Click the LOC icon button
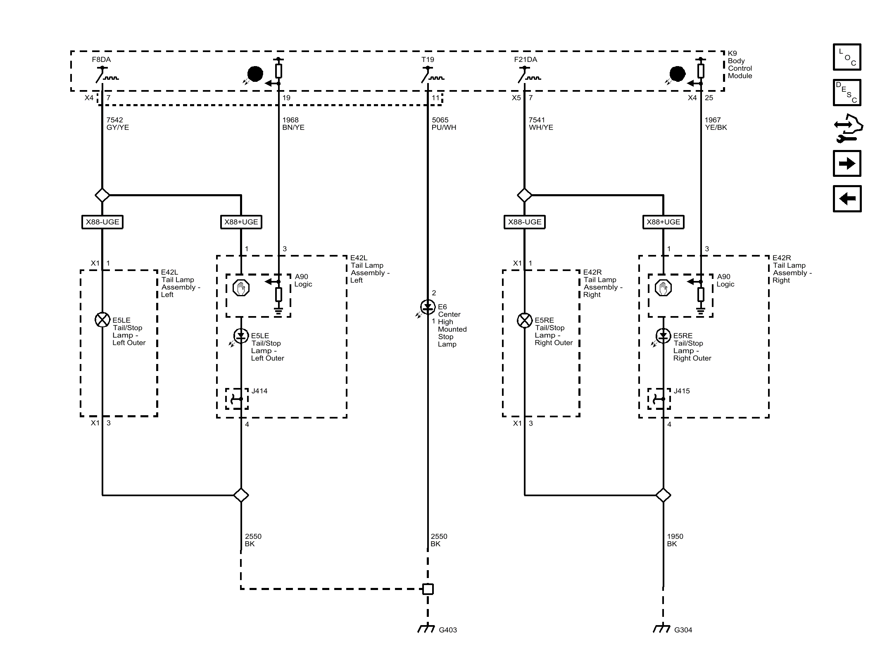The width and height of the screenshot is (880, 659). [x=847, y=57]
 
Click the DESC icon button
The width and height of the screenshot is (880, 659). [x=847, y=92]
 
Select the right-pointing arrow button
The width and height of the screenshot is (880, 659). [x=847, y=164]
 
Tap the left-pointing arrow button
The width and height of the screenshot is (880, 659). [x=847, y=199]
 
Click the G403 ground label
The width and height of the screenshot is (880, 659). [x=447, y=630]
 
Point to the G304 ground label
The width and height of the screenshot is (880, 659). [x=683, y=630]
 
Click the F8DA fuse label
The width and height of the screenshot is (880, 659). [x=101, y=59]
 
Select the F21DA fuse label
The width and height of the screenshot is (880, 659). [x=526, y=59]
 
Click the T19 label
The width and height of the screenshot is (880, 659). [x=428, y=59]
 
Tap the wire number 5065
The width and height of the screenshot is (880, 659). [x=440, y=120]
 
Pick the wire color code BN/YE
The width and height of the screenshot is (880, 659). [x=293, y=127]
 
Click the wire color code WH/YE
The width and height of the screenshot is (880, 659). [x=541, y=127]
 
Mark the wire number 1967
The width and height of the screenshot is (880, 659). [x=713, y=120]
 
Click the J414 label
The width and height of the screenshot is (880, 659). [x=259, y=391]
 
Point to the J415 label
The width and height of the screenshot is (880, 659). [x=682, y=391]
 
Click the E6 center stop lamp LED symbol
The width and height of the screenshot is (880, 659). [x=428, y=307]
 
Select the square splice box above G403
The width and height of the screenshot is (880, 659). [x=428, y=589]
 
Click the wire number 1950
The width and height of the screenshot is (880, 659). [x=675, y=536]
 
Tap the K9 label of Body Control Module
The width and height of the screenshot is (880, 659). [x=732, y=53]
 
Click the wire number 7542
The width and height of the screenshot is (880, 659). [x=114, y=120]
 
